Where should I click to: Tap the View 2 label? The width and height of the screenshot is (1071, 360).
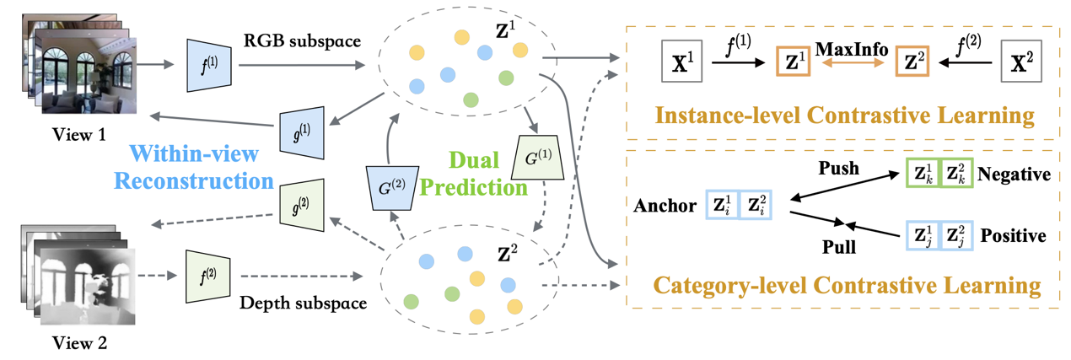pyautogui.click(x=79, y=343)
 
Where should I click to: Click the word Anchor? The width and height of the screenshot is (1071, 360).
pyautogui.click(x=667, y=205)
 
